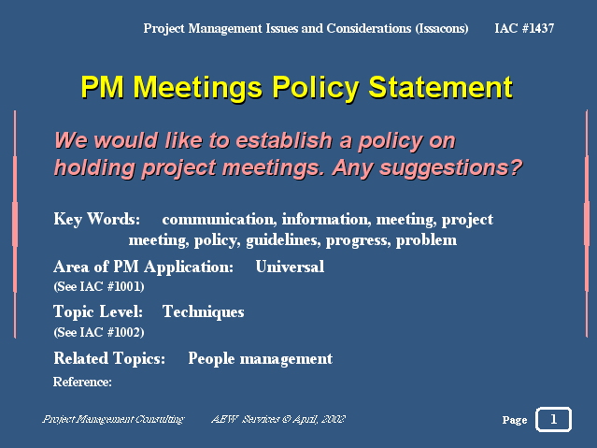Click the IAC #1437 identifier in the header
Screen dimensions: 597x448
(x=524, y=28)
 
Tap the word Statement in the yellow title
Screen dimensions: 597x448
(x=441, y=87)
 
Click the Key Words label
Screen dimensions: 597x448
(x=97, y=219)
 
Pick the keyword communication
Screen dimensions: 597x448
(x=219, y=219)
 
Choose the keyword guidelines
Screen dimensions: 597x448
(x=283, y=240)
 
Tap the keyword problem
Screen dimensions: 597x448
(x=426, y=240)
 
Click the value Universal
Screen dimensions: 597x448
(x=290, y=267)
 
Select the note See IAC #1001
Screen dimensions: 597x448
(x=99, y=286)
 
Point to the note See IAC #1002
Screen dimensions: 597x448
(x=99, y=332)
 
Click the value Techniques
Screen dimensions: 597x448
(x=204, y=311)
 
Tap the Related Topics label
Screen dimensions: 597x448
(x=109, y=358)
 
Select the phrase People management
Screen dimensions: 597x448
(x=261, y=358)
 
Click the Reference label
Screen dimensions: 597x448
(x=82, y=382)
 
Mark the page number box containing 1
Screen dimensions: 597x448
(x=554, y=419)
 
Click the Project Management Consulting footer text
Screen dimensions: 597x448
(x=113, y=419)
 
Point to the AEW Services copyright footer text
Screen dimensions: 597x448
(x=278, y=419)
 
